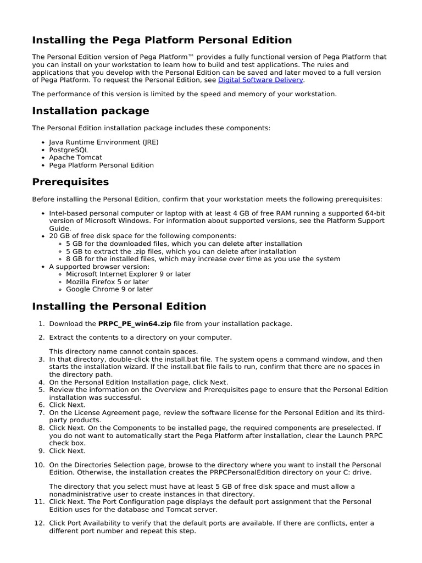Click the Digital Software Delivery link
point(260,80)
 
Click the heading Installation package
point(91,111)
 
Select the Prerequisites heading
point(70,182)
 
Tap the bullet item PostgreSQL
point(68,150)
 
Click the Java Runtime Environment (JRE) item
point(103,142)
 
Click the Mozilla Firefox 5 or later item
point(107,281)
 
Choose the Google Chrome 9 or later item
point(109,289)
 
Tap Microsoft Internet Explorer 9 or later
point(128,274)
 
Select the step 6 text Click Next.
point(67,405)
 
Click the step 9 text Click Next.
point(67,451)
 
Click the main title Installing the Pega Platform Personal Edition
point(162,40)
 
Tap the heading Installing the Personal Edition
point(119,307)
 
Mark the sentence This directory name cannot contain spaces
point(123,351)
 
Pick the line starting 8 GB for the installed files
point(203,259)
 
